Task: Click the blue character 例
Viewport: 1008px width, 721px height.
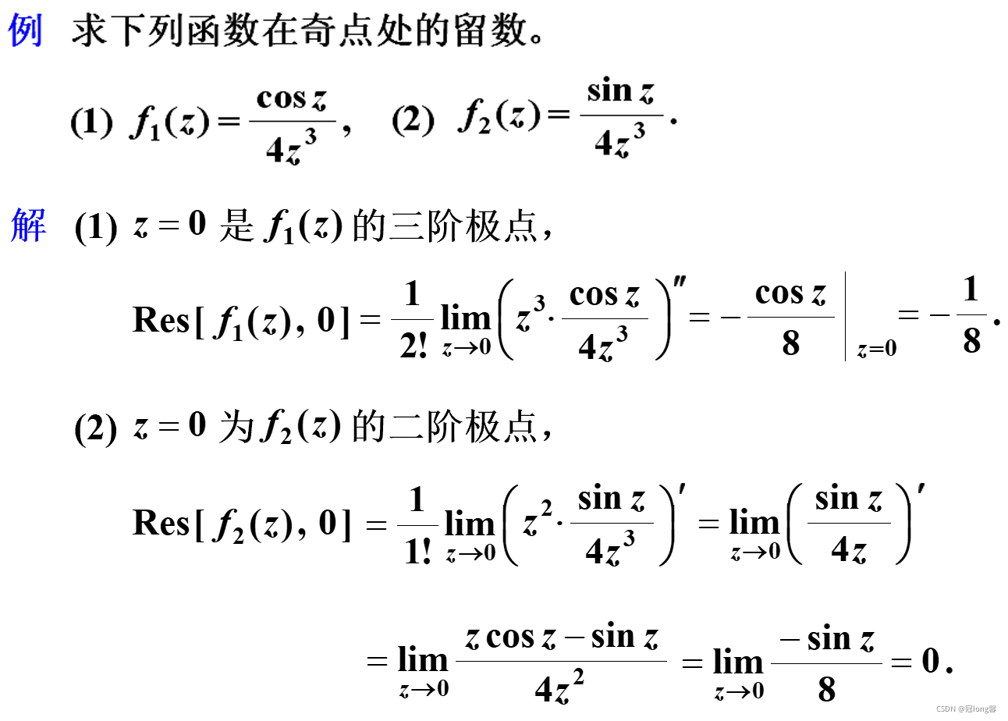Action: click(x=26, y=33)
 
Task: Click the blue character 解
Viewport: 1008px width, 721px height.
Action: click(x=29, y=227)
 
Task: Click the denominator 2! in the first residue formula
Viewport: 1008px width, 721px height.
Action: click(x=413, y=343)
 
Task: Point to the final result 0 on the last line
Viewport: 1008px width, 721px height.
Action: click(x=931, y=662)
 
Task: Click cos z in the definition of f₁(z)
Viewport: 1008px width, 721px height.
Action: click(x=292, y=99)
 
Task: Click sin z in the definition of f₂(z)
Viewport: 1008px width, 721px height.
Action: click(x=621, y=91)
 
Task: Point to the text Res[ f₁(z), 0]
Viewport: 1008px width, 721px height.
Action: click(x=242, y=320)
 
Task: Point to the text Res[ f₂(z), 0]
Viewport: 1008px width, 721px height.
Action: click(x=242, y=523)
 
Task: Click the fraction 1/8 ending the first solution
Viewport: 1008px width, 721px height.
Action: click(x=971, y=317)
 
